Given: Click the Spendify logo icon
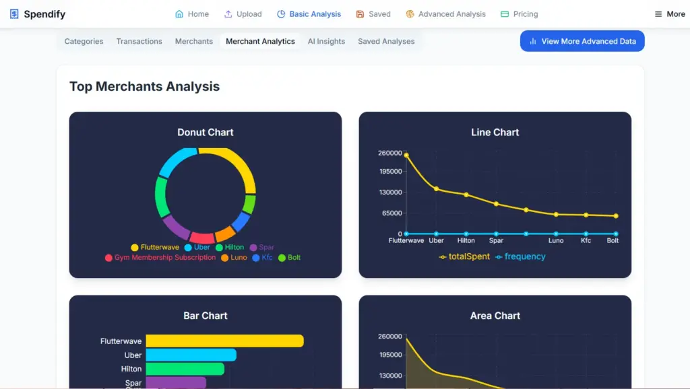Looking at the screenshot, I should click(x=14, y=14).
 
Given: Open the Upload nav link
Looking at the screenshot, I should click(x=243, y=14).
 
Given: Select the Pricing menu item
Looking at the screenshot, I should click(x=519, y=14).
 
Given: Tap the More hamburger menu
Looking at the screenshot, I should click(x=670, y=14).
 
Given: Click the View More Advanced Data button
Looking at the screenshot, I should click(x=582, y=41).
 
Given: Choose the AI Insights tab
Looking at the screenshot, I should click(x=326, y=41).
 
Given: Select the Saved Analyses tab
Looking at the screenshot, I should click(x=386, y=41).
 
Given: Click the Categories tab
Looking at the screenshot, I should click(x=84, y=41).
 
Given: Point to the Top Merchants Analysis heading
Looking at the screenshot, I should click(x=144, y=86).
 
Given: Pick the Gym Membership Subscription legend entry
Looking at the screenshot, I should click(x=160, y=258).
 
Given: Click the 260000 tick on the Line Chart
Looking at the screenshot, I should click(x=389, y=153).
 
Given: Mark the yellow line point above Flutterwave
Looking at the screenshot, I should click(x=406, y=155).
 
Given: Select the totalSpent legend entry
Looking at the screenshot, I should click(x=464, y=256).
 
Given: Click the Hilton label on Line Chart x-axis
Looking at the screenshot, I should click(x=466, y=240).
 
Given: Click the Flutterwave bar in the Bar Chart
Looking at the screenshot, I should click(x=224, y=341).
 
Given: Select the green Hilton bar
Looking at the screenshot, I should click(x=185, y=369).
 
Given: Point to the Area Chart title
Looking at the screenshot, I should click(x=495, y=316).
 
